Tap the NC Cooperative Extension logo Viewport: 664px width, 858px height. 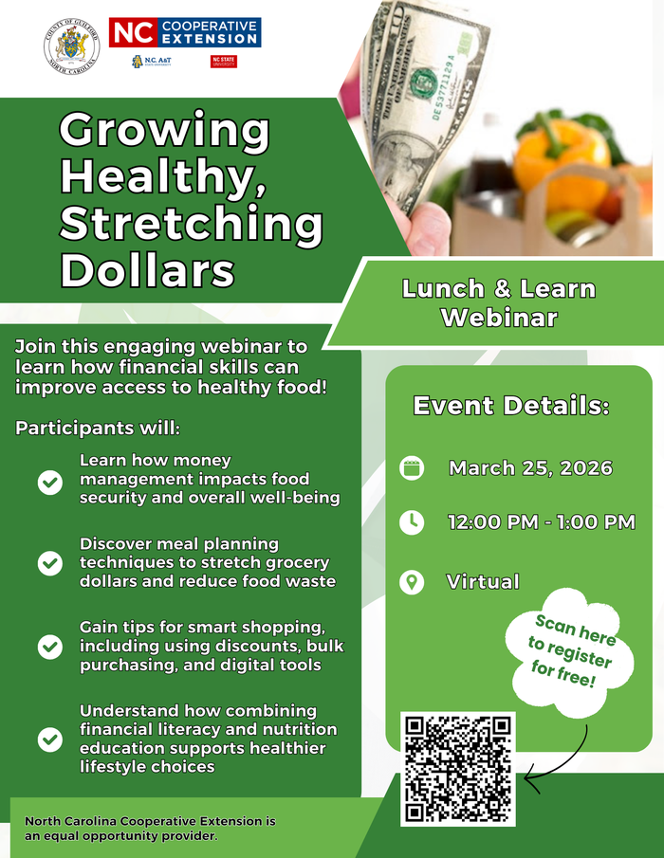tap(184, 33)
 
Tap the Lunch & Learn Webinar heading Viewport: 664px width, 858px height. tap(498, 302)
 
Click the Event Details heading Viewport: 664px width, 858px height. tap(511, 406)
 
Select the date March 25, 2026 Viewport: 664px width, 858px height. tap(530, 468)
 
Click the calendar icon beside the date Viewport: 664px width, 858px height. tap(412, 468)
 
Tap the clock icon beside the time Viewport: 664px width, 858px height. tap(412, 522)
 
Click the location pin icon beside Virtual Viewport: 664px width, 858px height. tap(412, 581)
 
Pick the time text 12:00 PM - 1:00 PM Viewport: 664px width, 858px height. tap(541, 522)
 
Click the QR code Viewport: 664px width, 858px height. tap(458, 769)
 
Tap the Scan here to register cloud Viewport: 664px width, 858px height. tap(572, 651)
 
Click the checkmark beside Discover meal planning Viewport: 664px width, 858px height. tap(49, 563)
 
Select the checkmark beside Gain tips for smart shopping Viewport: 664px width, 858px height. tap(49, 647)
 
